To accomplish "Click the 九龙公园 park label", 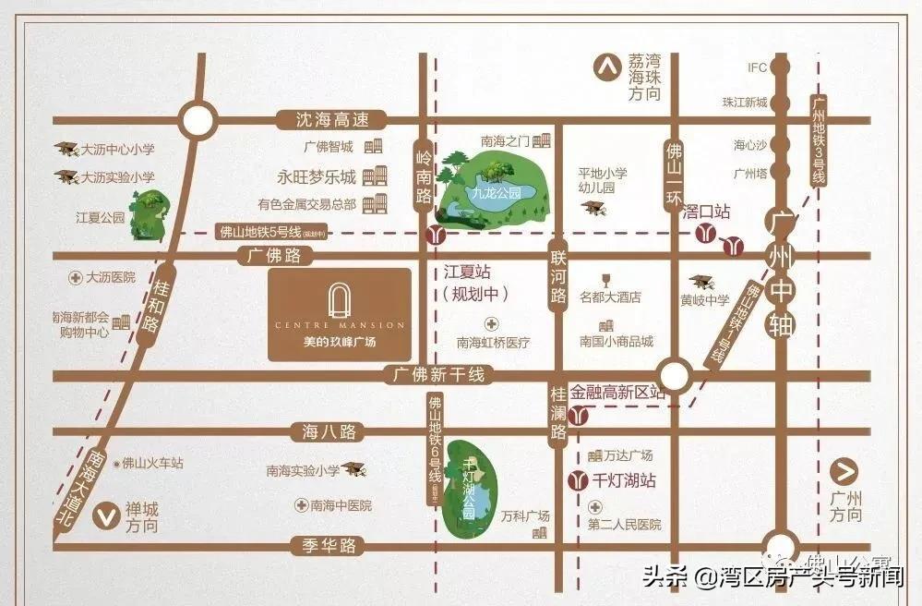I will pyautogui.click(x=490, y=194).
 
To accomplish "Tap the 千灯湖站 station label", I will pyautogui.click(x=624, y=480).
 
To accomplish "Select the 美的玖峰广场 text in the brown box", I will pyautogui.click(x=340, y=342).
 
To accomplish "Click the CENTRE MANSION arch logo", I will pyautogui.click(x=340, y=300).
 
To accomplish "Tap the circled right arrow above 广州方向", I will pyautogui.click(x=844, y=472).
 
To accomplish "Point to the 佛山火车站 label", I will pyautogui.click(x=152, y=463).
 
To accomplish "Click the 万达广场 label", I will pyautogui.click(x=628, y=455).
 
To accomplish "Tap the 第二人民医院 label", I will pyautogui.click(x=625, y=525).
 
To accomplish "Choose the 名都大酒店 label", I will pyautogui.click(x=610, y=297).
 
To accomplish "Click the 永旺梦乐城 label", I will pyautogui.click(x=317, y=176).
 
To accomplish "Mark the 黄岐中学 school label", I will pyautogui.click(x=704, y=299).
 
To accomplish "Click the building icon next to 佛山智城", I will pyautogui.click(x=373, y=147).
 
